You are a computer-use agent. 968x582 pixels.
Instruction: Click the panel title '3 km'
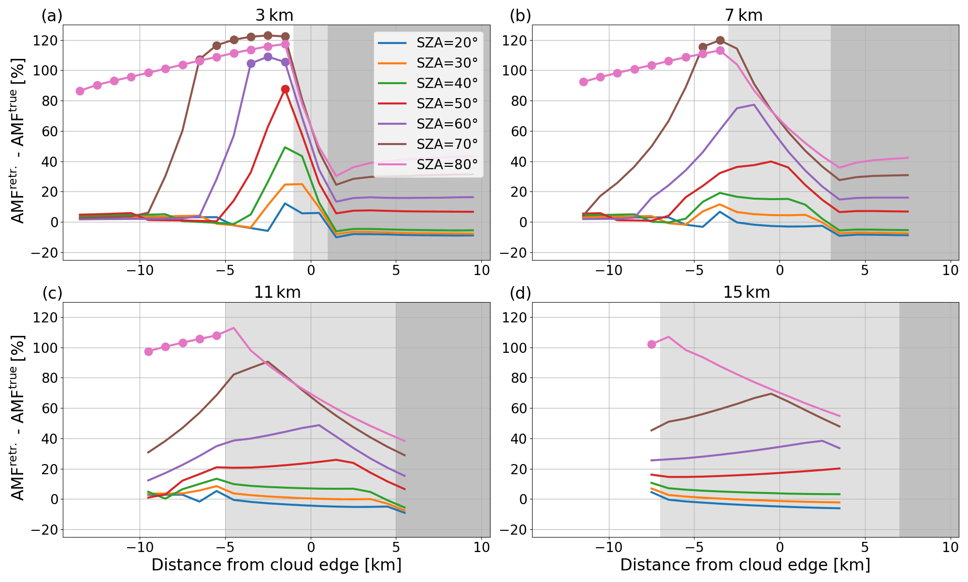click(275, 15)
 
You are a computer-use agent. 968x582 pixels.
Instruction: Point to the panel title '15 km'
click(746, 292)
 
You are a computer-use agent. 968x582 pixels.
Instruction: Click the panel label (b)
click(520, 16)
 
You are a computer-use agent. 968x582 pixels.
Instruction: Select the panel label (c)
click(52, 293)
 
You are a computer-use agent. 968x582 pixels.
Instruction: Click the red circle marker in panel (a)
click(285, 89)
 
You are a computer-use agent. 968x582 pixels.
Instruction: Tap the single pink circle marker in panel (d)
click(651, 344)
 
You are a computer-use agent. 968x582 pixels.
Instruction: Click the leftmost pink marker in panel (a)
click(80, 91)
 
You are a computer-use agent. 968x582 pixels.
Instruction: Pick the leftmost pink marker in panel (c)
click(148, 351)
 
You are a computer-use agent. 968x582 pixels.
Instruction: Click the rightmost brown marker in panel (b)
click(720, 40)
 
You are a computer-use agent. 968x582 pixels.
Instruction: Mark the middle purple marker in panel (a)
click(268, 57)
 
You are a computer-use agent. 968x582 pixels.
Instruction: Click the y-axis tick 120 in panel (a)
click(43, 40)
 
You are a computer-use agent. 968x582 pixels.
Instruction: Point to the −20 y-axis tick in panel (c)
click(43, 530)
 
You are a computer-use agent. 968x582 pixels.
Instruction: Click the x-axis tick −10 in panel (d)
click(608, 548)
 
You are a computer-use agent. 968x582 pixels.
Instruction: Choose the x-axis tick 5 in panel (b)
click(865, 271)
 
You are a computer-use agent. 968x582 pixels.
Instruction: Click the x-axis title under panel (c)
click(276, 565)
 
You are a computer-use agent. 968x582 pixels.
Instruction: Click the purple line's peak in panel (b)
click(754, 104)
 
